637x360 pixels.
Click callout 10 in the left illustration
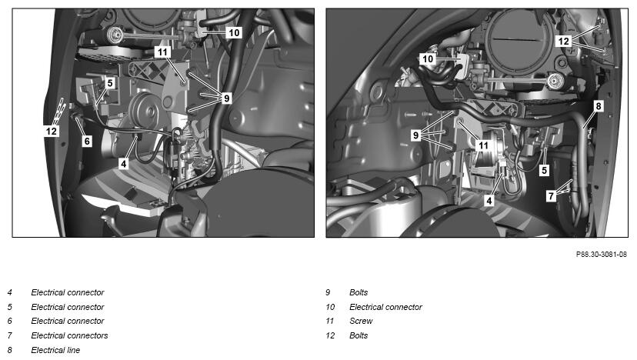(234, 33)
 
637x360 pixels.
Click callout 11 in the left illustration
(162, 52)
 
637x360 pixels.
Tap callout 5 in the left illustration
(110, 83)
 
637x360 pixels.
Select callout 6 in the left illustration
(87, 141)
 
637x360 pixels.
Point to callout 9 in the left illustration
(226, 98)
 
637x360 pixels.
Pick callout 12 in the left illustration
(52, 131)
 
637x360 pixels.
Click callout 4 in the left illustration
(124, 163)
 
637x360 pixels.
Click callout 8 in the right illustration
(598, 106)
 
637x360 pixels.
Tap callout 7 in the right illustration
(551, 196)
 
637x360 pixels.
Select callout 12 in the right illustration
(563, 41)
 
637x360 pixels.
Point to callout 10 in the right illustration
(428, 59)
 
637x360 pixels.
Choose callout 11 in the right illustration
(483, 145)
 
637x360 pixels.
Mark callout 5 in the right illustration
(545, 170)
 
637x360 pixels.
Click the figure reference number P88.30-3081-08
(602, 255)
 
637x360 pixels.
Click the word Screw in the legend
(361, 321)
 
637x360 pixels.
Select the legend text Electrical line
(55, 350)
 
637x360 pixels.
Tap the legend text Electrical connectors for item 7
(69, 335)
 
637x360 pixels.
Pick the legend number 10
(330, 307)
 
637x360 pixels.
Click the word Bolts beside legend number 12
(359, 335)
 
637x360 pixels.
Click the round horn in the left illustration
(144, 108)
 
